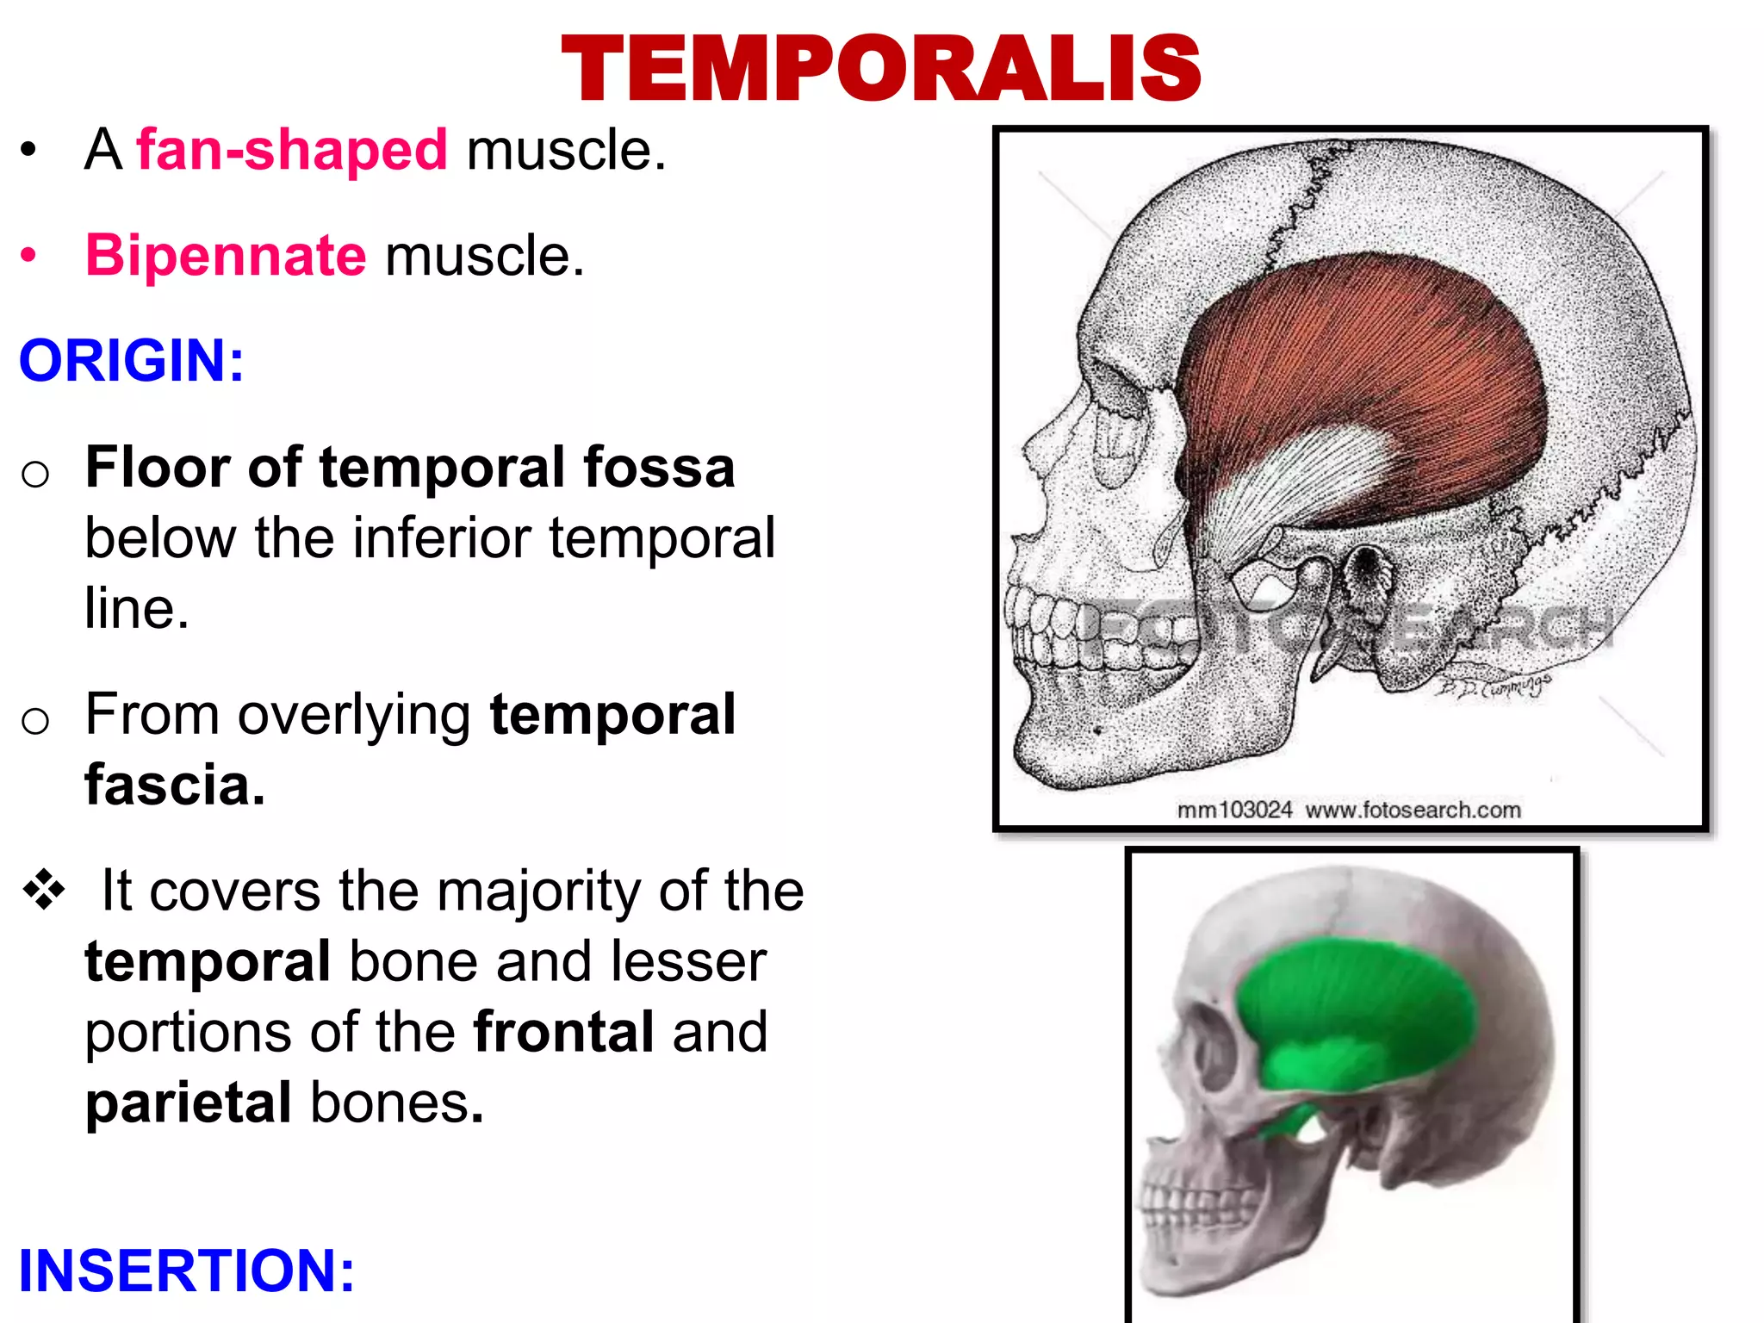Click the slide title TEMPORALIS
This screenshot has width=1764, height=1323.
880,68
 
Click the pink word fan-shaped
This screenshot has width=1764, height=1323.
292,151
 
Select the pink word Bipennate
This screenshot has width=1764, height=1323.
226,256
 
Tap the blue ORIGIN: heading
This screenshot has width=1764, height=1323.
132,360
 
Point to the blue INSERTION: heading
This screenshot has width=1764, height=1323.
186,1270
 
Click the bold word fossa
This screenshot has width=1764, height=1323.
659,467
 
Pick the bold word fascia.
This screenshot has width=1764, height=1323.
175,785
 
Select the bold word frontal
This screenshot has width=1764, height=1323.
563,1032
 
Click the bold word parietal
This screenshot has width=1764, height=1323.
189,1102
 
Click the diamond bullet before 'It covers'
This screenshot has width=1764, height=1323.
44,890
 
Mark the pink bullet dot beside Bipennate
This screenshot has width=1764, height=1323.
29,256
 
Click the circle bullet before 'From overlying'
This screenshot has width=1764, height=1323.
35,720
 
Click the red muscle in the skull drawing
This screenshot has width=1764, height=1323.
1378,362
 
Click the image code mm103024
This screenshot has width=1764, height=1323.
1234,810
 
